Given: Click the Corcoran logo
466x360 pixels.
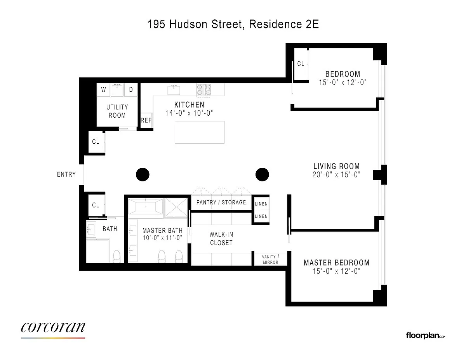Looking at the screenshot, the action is coord(53,329).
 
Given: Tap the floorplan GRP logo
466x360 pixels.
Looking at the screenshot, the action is coord(425,336).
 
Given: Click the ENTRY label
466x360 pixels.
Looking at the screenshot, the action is coord(66,174).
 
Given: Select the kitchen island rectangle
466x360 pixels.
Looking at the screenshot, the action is coord(200,132).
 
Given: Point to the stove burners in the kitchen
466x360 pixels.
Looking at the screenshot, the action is coord(204,90).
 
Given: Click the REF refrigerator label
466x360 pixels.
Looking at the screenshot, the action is coord(146,120).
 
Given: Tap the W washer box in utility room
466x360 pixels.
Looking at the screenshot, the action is coord(104,90).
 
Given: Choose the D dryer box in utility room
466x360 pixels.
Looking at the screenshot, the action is coord(131,90).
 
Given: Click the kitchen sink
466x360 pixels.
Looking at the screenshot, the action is coord(174,90).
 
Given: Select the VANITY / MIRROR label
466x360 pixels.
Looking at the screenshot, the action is coord(270,259).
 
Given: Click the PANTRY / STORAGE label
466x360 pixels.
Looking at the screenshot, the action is coord(221,202).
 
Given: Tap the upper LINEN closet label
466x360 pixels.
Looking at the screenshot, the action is coord(261,204).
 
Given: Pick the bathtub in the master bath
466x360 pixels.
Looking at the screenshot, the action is coord(145,206).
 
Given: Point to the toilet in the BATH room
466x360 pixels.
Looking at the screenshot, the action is coord(117,256).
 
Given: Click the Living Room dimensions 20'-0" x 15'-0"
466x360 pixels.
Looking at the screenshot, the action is coord(336,175).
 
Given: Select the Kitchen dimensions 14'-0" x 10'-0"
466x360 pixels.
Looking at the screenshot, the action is coord(189,113).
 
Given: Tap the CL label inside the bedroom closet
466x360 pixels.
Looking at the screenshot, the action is coord(301,64).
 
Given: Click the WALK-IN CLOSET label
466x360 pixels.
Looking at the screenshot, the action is coord(221,239).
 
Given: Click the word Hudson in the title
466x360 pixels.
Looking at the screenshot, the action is coord(188,24).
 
